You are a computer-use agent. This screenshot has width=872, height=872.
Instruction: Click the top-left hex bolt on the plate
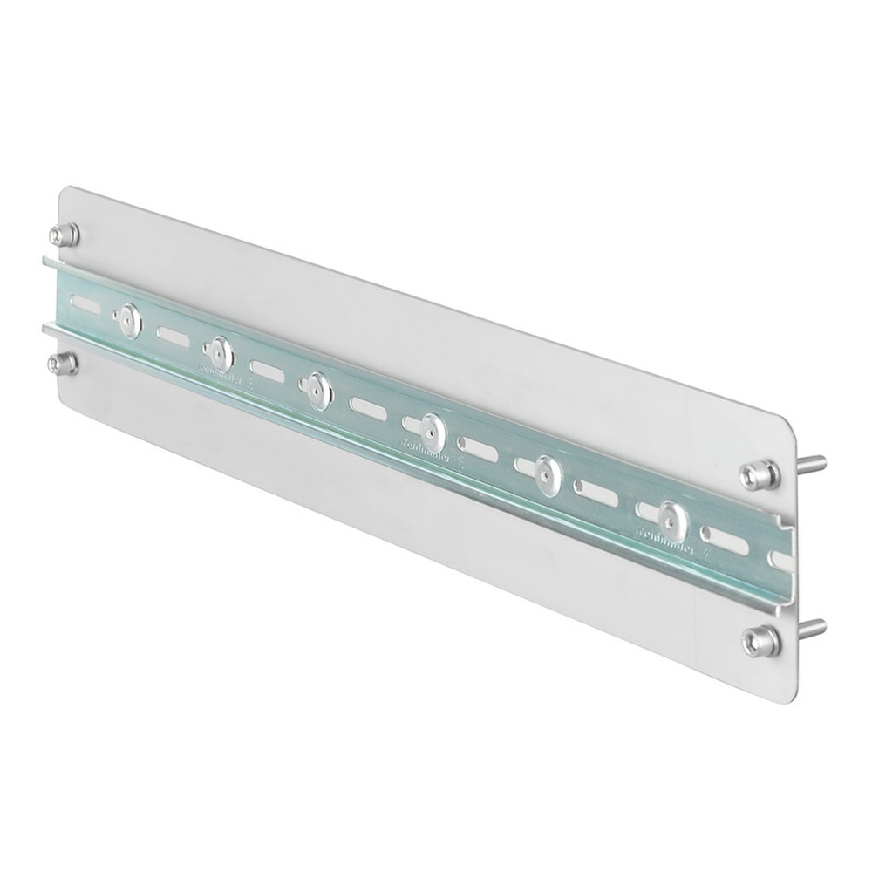64,234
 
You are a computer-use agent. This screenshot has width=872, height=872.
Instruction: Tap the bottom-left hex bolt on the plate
64,363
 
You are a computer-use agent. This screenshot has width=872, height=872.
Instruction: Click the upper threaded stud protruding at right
814,462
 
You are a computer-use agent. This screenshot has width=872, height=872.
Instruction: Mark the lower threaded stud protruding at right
814,625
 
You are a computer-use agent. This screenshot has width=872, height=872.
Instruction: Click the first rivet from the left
130,322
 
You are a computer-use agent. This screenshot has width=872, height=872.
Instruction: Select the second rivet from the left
219,353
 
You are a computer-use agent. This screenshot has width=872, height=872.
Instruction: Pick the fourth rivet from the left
431,430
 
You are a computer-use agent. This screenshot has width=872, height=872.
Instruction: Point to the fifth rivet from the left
548,473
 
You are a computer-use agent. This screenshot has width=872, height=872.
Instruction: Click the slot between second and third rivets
267,370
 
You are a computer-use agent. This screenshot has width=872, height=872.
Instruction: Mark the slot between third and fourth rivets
371,406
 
